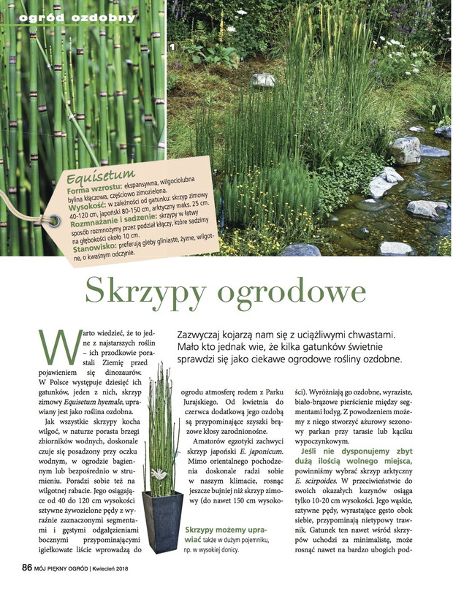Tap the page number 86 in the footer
[x=26, y=567]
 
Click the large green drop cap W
[x=56, y=348]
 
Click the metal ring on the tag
[x=54, y=219]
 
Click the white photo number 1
[x=172, y=47]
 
